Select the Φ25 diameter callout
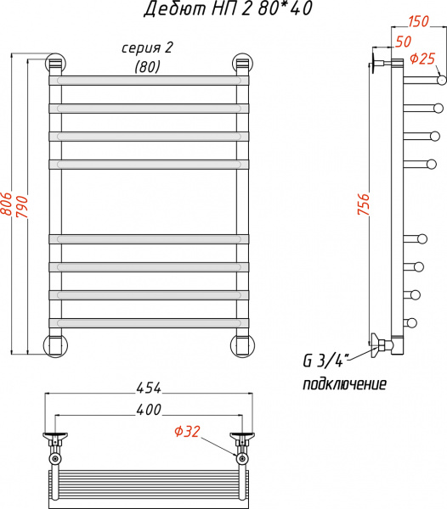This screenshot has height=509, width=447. [x=422, y=59]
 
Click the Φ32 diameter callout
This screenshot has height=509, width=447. [x=187, y=432]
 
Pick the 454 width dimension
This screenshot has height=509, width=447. [x=148, y=388]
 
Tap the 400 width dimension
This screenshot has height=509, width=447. [x=148, y=410]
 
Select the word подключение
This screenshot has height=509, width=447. [x=345, y=384]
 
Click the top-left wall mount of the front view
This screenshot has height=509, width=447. [x=55, y=64]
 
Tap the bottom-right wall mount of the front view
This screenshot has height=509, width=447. [x=242, y=345]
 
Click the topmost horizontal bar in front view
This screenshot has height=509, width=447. [x=149, y=80]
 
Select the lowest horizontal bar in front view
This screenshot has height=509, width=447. [x=149, y=322]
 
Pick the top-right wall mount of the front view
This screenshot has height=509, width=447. [x=242, y=64]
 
